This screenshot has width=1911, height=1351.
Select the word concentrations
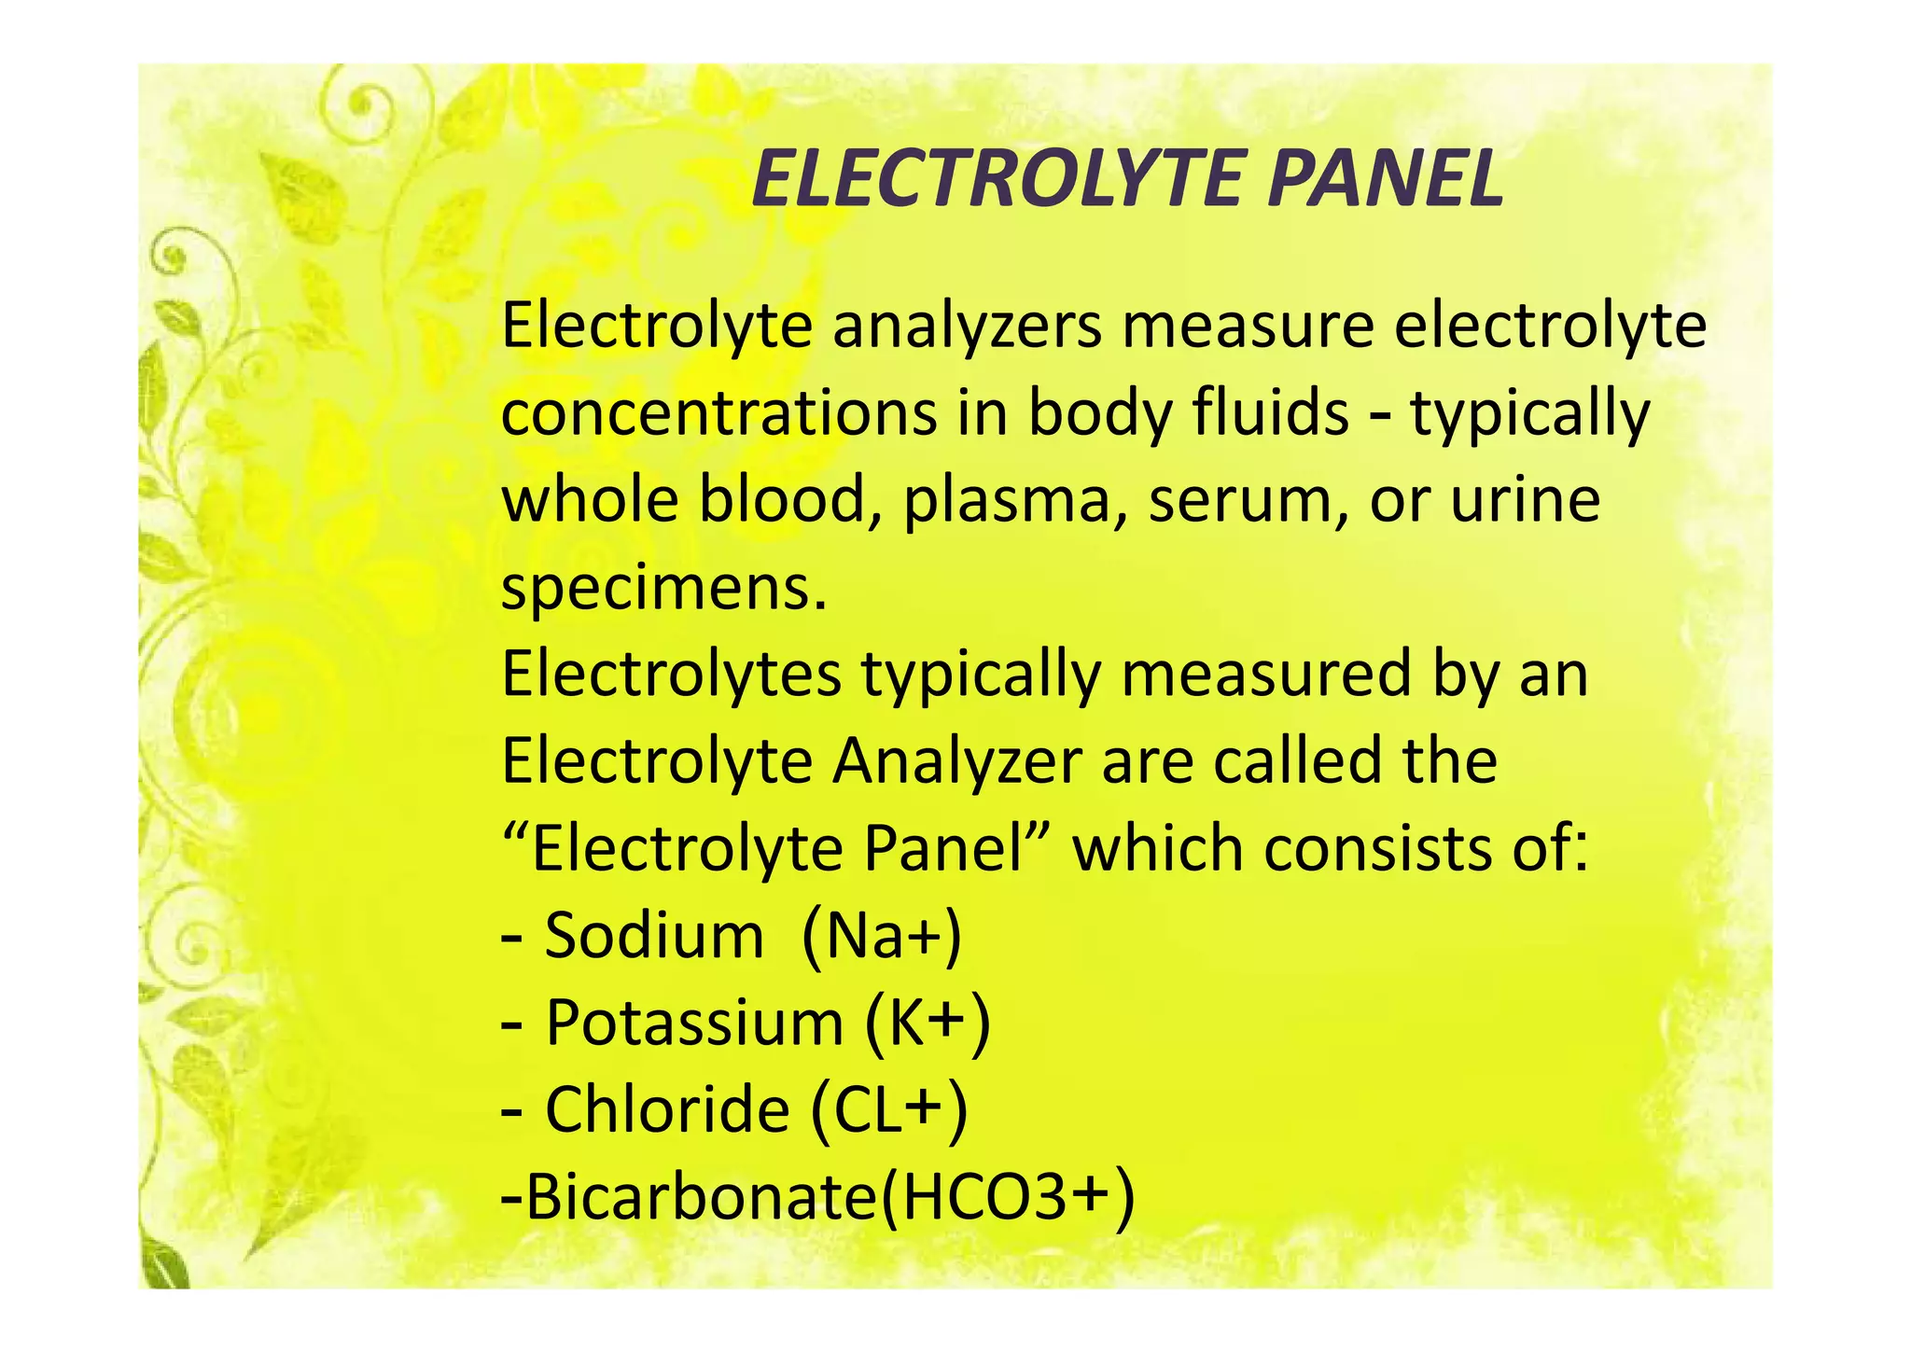pos(718,413)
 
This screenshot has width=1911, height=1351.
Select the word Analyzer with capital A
pos(957,761)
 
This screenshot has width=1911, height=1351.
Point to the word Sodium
pos(654,935)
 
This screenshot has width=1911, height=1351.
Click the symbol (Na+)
pos(881,937)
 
